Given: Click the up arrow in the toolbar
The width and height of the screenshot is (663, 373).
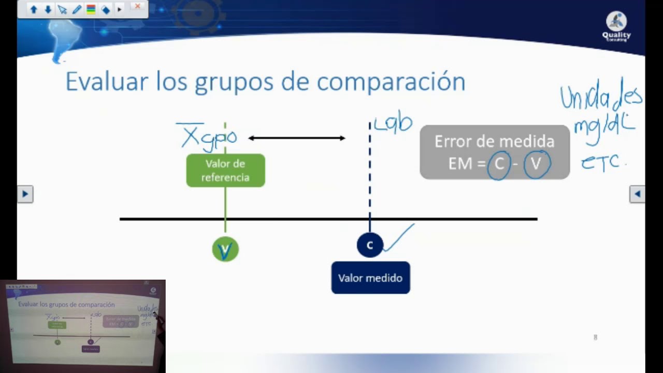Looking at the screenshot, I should [34, 9].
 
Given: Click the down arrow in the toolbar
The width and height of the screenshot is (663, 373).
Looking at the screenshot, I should [48, 9].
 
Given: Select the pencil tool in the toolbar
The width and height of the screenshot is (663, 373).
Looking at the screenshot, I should [77, 9].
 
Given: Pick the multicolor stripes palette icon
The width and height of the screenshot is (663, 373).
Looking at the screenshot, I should [91, 9].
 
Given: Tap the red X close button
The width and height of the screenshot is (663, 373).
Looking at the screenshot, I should [137, 7].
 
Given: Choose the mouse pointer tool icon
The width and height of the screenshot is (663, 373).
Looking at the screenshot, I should [62, 9].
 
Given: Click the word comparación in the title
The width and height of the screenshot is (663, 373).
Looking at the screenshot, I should [391, 82].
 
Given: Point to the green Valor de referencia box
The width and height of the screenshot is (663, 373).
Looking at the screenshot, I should [225, 170].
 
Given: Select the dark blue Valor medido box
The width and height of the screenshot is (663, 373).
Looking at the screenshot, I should [370, 278].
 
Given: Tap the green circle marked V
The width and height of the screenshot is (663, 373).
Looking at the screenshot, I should [225, 250].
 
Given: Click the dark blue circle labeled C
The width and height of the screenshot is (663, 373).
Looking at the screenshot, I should [369, 245].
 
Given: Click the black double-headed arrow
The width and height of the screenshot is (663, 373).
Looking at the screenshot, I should [296, 138].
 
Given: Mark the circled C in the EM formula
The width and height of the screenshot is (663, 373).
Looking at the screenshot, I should [499, 164].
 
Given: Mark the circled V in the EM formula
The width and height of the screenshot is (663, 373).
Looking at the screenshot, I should [536, 164].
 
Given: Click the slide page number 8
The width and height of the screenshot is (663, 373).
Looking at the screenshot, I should [595, 337].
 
